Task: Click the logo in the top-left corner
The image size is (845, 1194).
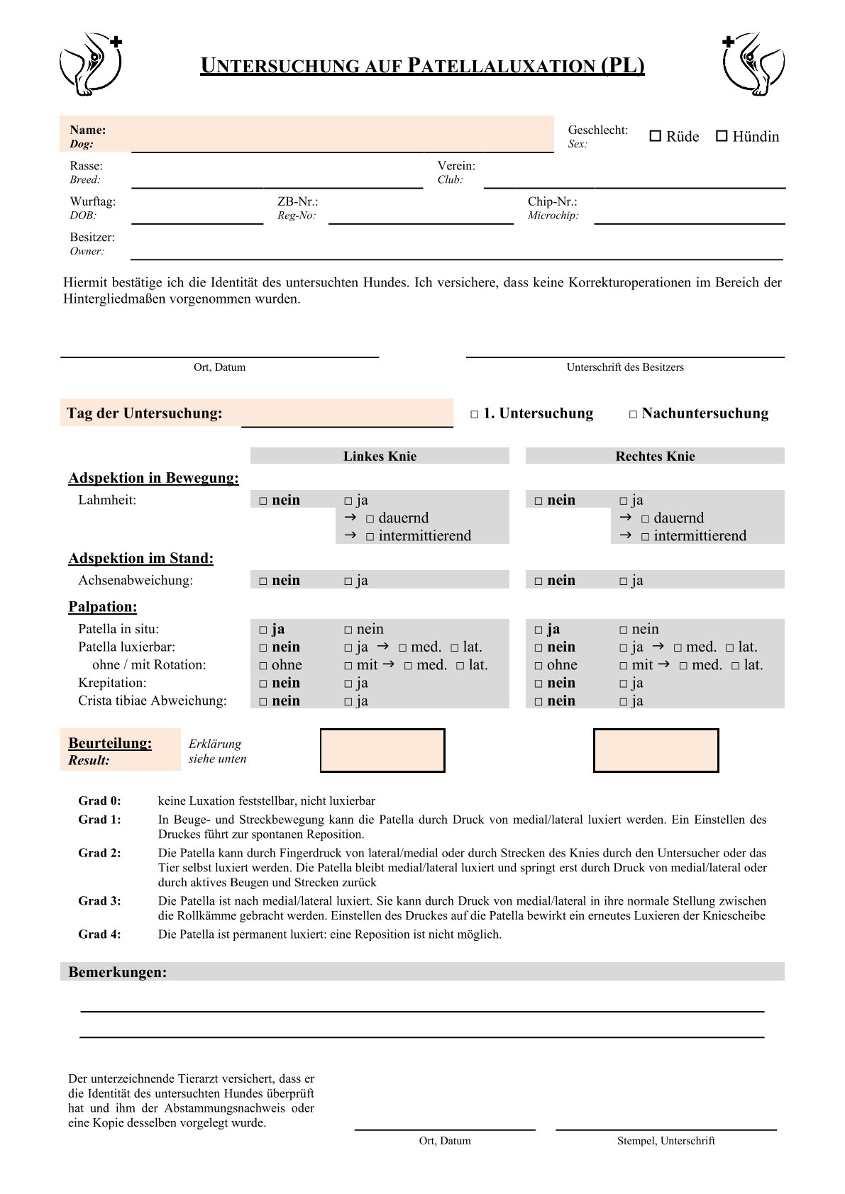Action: pyautogui.click(x=90, y=64)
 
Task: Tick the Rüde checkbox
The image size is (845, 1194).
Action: pyautogui.click(x=656, y=136)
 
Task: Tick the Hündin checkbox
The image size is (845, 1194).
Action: pyautogui.click(x=722, y=136)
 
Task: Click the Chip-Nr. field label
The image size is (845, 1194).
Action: pyautogui.click(x=552, y=201)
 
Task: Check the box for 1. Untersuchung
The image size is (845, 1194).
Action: pyautogui.click(x=475, y=415)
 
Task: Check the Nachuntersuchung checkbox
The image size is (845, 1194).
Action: pyautogui.click(x=633, y=415)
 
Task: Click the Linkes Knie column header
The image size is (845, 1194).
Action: pyautogui.click(x=380, y=456)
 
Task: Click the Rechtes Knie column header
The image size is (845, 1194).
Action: pyautogui.click(x=655, y=456)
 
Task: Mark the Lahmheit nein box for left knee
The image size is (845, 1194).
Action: pyautogui.click(x=263, y=501)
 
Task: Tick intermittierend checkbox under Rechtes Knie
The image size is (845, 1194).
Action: pyautogui.click(x=645, y=537)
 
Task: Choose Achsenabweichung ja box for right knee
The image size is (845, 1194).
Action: pyautogui.click(x=624, y=581)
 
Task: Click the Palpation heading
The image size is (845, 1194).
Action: pyautogui.click(x=103, y=607)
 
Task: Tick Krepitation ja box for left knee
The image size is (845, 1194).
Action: pyautogui.click(x=348, y=684)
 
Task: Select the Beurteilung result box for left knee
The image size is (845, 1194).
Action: pyautogui.click(x=382, y=750)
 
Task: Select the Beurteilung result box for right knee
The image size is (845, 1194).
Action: pyautogui.click(x=656, y=750)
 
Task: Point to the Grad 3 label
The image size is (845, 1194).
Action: pyautogui.click(x=99, y=901)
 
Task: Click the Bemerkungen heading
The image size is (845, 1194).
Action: pyautogui.click(x=118, y=972)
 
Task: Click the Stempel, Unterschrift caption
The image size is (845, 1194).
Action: pyautogui.click(x=665, y=1141)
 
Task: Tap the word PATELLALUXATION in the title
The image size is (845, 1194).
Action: pyautogui.click(x=502, y=66)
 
